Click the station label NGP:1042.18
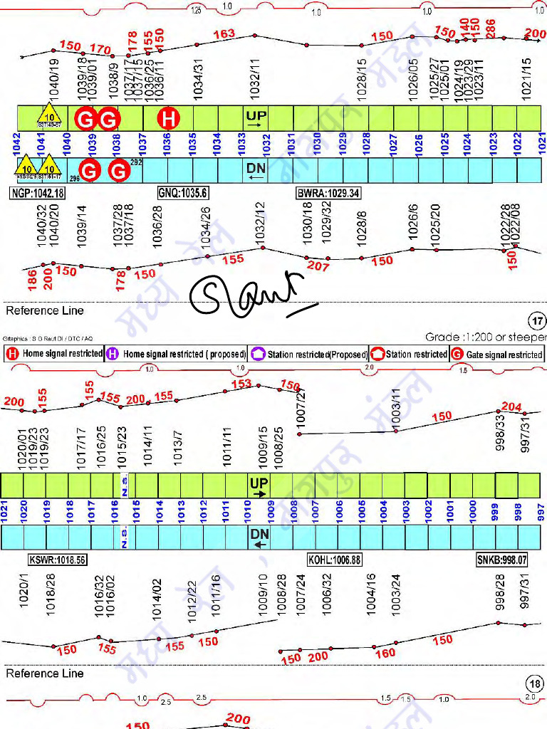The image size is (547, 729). (37, 193)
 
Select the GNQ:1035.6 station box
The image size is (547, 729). (182, 193)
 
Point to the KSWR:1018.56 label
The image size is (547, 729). (57, 560)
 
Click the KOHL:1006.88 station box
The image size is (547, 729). (334, 560)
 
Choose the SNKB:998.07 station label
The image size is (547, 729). (502, 560)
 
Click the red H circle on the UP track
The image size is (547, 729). (168, 118)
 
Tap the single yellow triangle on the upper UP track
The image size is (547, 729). (49, 116)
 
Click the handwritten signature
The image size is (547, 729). (249, 293)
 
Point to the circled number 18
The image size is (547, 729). (536, 684)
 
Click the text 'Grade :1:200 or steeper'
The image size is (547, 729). (486, 337)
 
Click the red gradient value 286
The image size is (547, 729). (491, 28)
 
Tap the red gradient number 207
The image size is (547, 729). (318, 266)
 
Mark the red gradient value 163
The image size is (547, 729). (224, 33)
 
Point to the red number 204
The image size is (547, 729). (511, 407)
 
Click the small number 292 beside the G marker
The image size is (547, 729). (137, 163)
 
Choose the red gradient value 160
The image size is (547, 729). (385, 653)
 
